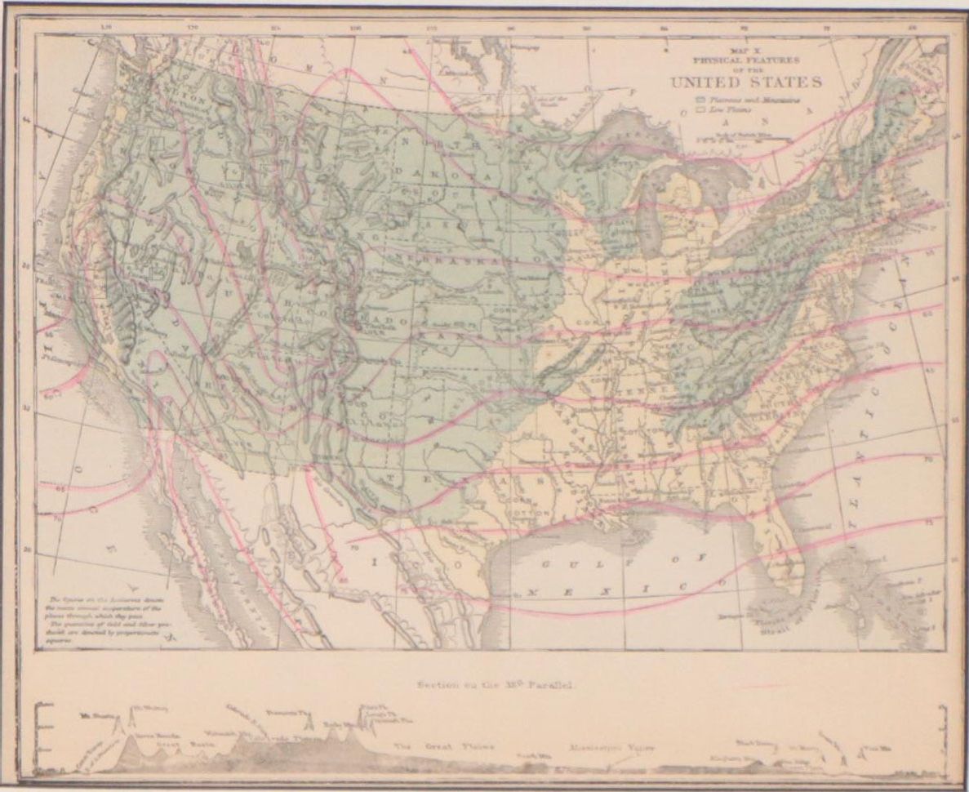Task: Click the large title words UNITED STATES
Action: tap(746, 82)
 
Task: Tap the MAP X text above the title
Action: tap(745, 50)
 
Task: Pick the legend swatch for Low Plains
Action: tap(698, 107)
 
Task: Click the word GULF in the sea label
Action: tap(571, 563)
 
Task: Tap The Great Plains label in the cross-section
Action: tap(444, 746)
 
